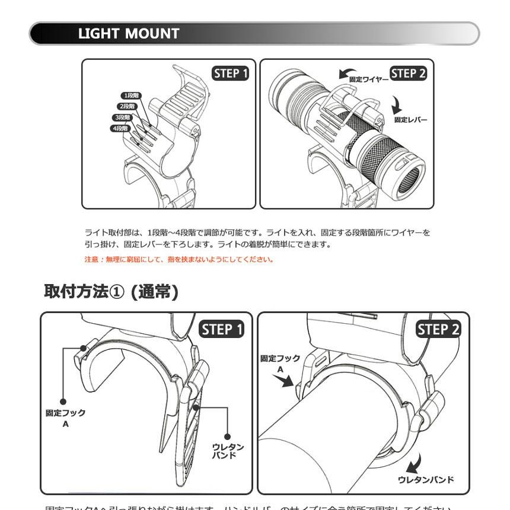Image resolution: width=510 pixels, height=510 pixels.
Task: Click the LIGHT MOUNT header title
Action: (128, 34)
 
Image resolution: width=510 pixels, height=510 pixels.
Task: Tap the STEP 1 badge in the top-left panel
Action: (231, 74)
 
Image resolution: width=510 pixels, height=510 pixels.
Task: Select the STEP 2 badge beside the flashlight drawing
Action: (409, 74)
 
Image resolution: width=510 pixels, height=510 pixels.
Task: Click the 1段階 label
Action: (132, 95)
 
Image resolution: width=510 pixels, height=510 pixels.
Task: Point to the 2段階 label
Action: (126, 106)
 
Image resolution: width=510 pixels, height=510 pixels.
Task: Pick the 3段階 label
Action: (123, 117)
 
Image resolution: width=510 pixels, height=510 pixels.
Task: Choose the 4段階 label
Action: (119, 129)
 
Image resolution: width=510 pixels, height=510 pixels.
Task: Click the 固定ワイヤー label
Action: (368, 79)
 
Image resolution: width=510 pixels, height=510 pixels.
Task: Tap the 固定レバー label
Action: (410, 120)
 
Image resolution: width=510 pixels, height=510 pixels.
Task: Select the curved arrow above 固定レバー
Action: (397, 106)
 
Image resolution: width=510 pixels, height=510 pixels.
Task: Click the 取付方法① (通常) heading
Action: (111, 292)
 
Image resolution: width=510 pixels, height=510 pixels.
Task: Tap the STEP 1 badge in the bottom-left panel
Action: (222, 329)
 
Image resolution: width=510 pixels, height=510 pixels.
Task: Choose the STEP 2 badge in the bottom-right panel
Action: (438, 329)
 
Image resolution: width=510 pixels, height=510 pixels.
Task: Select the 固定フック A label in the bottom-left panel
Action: (66, 417)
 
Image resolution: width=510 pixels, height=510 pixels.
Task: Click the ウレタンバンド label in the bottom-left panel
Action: (228, 451)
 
